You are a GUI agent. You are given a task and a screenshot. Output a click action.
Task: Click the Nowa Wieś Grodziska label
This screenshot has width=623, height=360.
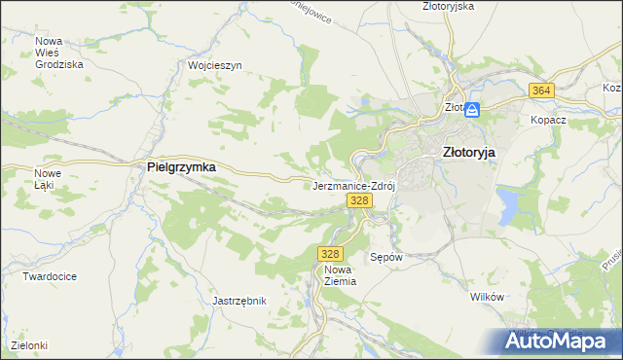point(58,53)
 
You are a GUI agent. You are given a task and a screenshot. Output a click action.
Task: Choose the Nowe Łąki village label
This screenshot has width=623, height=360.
point(48,179)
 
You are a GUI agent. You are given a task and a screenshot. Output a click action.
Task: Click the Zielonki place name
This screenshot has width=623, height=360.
point(29,345)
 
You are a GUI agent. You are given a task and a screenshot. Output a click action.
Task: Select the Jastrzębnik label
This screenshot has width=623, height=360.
point(239,302)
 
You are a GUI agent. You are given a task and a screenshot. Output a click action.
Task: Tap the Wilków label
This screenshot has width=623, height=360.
point(486,297)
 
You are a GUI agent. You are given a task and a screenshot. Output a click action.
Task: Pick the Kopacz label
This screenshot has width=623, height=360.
point(548,120)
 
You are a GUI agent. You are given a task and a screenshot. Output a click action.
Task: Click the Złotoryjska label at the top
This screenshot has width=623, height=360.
point(449,6)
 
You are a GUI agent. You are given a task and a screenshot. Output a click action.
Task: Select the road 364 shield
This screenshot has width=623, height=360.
point(542,90)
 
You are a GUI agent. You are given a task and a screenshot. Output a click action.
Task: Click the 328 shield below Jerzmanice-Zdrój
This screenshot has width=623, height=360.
point(359,200)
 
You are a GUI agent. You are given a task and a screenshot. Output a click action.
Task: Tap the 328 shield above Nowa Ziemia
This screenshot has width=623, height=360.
point(329,253)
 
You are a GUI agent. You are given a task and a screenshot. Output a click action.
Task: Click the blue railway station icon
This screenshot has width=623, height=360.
point(472,109)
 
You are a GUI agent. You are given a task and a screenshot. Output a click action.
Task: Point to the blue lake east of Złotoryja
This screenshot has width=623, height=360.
point(508,203)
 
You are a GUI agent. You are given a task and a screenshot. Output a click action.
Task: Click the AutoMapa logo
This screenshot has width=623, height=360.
point(558,340)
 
